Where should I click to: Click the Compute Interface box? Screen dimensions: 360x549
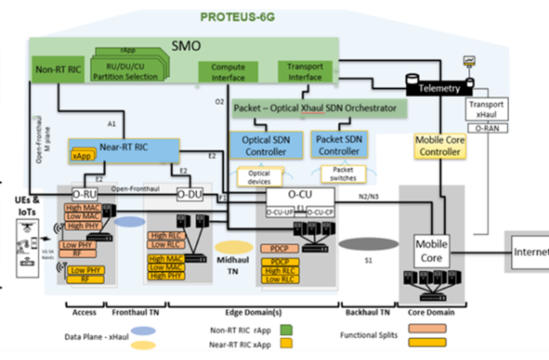pyautogui.click(x=222, y=72)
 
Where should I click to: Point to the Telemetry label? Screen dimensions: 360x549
pyautogui.click(x=439, y=87)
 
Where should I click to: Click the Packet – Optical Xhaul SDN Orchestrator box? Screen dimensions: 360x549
pyautogui.click(x=320, y=109)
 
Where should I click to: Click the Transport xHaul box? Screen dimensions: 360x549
pyautogui.click(x=487, y=109)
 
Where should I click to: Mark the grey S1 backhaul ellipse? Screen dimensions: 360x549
pyautogui.click(x=367, y=244)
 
